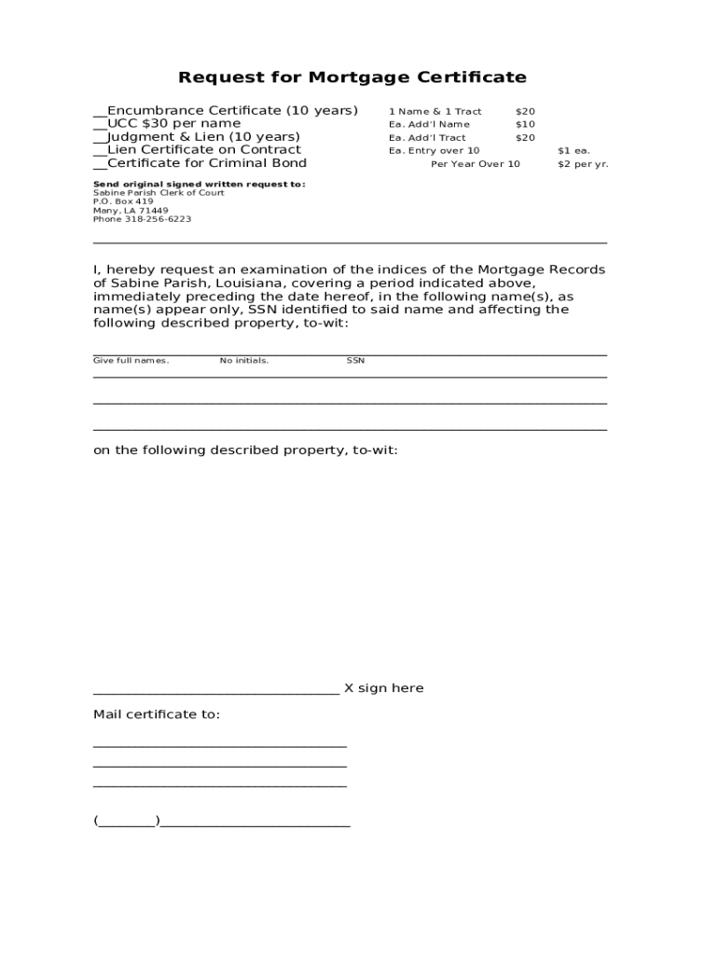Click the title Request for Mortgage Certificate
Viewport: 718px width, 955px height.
(352, 77)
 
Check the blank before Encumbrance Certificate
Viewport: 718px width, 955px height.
(100, 112)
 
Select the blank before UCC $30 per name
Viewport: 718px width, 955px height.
(100, 125)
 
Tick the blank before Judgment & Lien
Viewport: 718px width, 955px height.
(100, 138)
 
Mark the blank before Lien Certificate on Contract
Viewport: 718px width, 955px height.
(100, 151)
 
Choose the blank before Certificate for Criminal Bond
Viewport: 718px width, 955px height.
(100, 164)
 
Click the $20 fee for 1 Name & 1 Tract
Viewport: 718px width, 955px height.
(525, 112)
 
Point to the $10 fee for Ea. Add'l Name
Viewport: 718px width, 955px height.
(525, 125)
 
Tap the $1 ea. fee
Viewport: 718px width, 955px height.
(573, 151)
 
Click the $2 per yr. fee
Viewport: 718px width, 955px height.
(582, 164)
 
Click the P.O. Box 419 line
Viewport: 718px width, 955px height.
(123, 201)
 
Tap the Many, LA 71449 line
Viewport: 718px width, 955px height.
(131, 211)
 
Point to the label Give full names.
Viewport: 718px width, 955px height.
(131, 361)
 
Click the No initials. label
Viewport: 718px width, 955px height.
(244, 361)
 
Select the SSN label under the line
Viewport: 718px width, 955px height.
(355, 361)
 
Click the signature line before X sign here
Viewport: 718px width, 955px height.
(215, 690)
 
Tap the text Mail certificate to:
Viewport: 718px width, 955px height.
(157, 714)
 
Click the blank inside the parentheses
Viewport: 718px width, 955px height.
(127, 823)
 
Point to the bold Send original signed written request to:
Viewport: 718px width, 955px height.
(199, 185)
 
